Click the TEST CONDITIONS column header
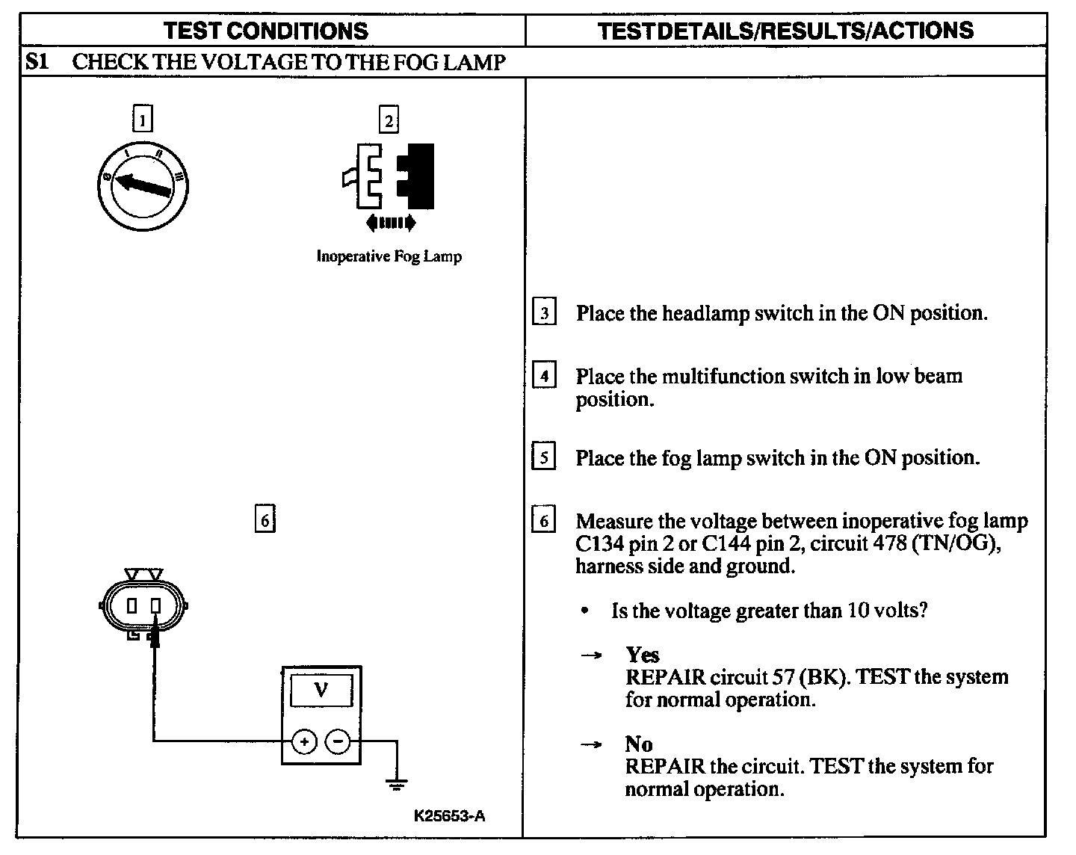point(265,31)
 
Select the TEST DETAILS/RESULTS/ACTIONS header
point(786,31)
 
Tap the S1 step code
point(37,61)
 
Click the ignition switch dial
point(143,184)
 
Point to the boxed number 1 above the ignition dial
point(142,120)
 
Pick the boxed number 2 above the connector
point(388,120)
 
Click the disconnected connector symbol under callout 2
point(389,178)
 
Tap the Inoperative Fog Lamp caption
point(389,256)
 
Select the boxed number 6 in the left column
point(265,519)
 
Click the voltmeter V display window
point(321,690)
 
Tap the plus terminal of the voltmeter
point(304,741)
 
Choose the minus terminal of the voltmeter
point(338,741)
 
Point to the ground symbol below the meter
point(396,785)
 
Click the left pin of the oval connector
point(132,605)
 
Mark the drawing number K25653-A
point(449,815)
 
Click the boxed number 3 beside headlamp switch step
point(544,313)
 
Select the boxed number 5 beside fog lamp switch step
point(544,457)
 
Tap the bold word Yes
point(643,655)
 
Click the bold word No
point(639,744)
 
